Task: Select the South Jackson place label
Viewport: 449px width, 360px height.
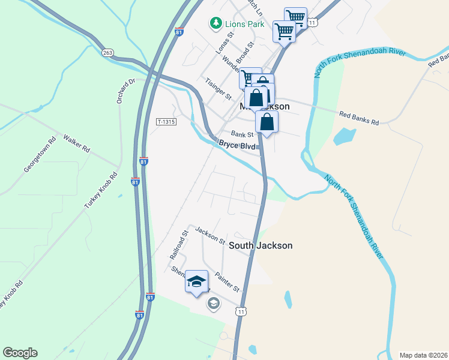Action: point(261,245)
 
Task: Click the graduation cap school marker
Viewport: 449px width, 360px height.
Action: point(196,282)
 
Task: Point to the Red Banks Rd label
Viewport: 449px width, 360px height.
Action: point(359,118)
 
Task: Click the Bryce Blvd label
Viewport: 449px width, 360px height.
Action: point(237,145)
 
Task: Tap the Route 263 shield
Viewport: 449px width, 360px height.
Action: point(107,53)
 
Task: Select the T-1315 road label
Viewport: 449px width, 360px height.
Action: point(166,122)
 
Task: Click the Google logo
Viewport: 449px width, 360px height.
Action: point(20,353)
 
